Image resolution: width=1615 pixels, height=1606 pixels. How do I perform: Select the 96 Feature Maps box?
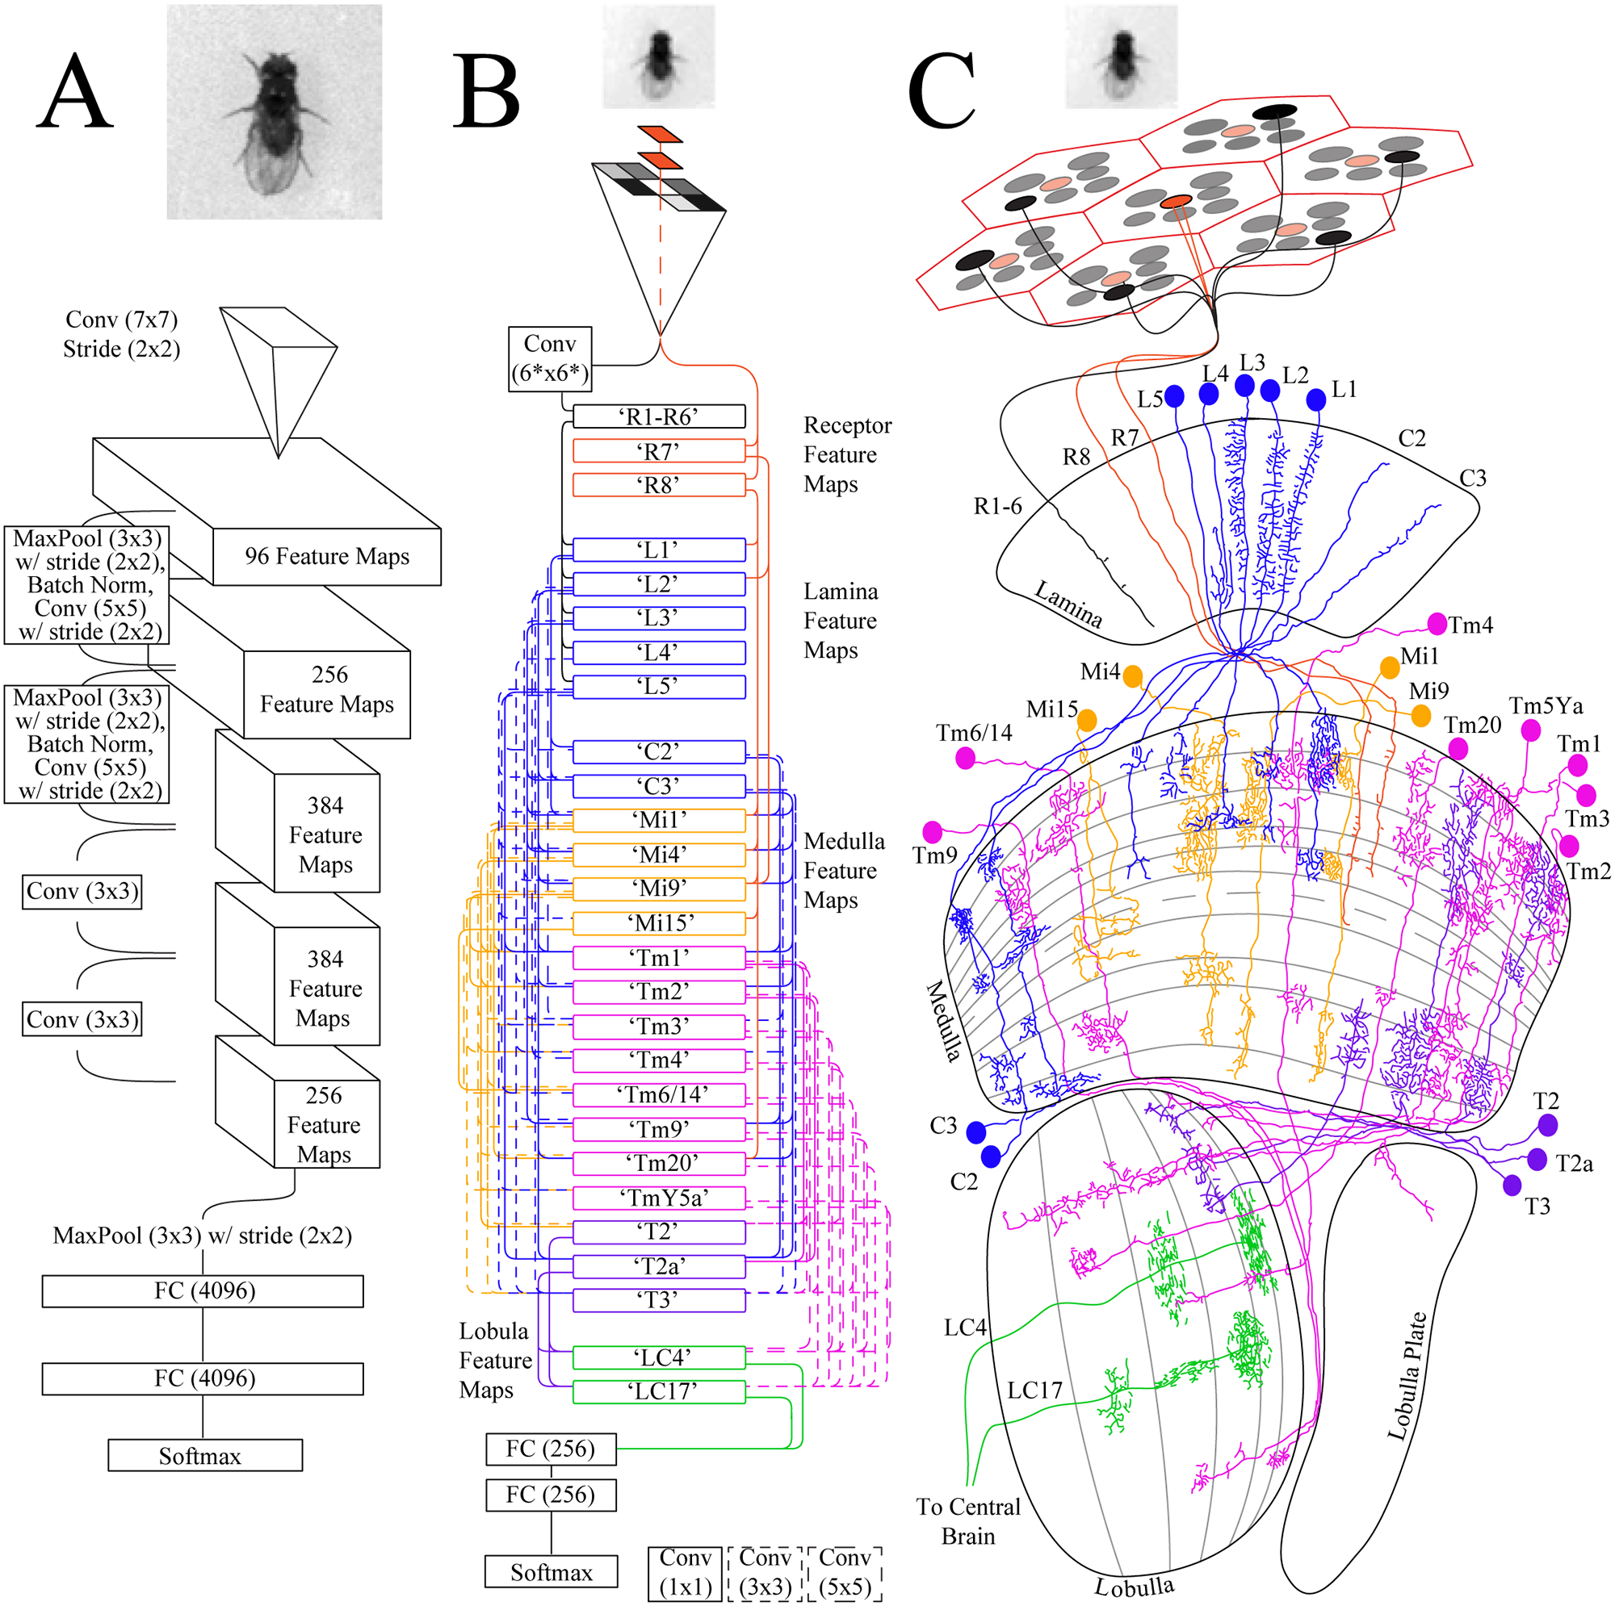click(327, 557)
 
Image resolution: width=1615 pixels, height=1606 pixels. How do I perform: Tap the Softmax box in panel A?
click(205, 1457)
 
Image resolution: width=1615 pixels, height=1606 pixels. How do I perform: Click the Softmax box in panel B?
click(551, 1572)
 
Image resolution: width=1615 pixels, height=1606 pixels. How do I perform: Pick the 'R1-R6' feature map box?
click(659, 416)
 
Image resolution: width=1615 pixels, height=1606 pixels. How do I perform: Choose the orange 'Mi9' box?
click(659, 889)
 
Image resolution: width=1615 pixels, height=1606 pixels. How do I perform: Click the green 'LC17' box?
click(659, 1391)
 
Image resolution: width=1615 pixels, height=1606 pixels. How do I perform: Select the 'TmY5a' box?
click(659, 1198)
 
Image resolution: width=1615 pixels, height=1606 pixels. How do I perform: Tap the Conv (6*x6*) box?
click(550, 359)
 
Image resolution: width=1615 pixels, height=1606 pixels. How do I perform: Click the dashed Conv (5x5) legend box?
click(845, 1574)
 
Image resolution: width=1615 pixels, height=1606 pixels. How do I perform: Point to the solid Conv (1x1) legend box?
click(685, 1574)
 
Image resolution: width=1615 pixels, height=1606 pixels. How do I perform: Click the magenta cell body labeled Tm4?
click(1436, 623)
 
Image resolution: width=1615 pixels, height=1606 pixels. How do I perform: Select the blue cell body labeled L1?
click(1315, 399)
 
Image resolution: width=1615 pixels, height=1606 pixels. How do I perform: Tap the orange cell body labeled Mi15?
click(1087, 719)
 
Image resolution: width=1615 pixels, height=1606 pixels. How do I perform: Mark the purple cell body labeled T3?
click(1512, 1185)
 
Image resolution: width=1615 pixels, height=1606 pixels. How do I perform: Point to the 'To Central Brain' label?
click(968, 1520)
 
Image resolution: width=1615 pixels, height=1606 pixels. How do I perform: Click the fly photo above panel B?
click(659, 56)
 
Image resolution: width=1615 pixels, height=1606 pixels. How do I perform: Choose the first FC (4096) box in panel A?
click(203, 1291)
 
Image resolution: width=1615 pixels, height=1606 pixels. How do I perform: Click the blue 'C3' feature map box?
click(659, 786)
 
